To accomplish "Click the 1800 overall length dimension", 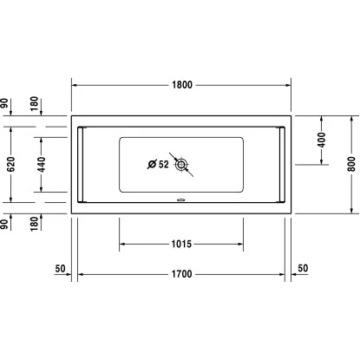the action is tap(182, 85).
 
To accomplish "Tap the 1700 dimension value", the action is tap(181, 274).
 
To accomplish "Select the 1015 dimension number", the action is tap(181, 244).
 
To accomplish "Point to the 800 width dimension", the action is tap(351, 164).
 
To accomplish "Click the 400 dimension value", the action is tap(321, 140).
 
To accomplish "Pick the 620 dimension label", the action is tap(10, 164).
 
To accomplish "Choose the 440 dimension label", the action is tap(42, 164).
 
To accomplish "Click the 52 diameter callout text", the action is tap(163, 164).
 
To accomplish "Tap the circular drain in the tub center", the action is tap(181, 165).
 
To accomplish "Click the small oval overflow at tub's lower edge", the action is tap(181, 200).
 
